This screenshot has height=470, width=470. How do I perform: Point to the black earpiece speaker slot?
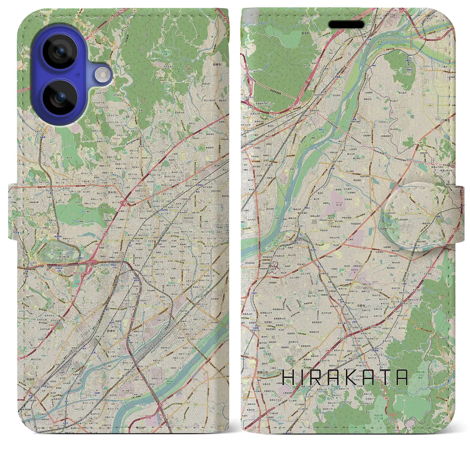coord(346,25)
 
